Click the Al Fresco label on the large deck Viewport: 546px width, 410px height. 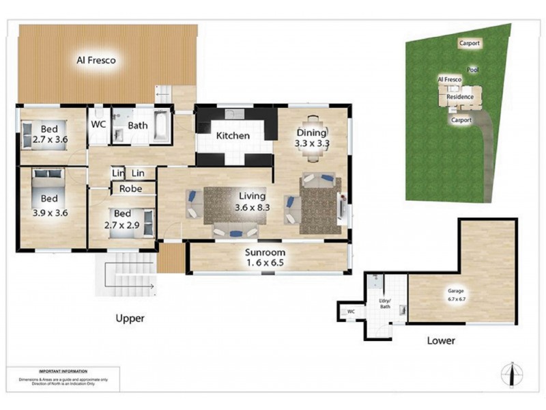tap(96, 60)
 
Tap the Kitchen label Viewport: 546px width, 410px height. tap(233, 136)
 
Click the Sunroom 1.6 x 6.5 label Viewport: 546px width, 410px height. tap(265, 258)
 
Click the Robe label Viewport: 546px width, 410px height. tap(130, 189)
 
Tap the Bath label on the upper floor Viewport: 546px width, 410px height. tap(138, 126)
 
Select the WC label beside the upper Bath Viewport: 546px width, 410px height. tap(99, 126)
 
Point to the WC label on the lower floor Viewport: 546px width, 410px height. tap(351, 312)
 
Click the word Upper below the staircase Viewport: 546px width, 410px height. tap(130, 318)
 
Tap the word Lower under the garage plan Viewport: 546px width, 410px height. tap(440, 340)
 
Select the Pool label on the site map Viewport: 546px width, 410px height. tap(472, 70)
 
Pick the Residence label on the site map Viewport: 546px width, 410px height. tap(459, 97)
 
